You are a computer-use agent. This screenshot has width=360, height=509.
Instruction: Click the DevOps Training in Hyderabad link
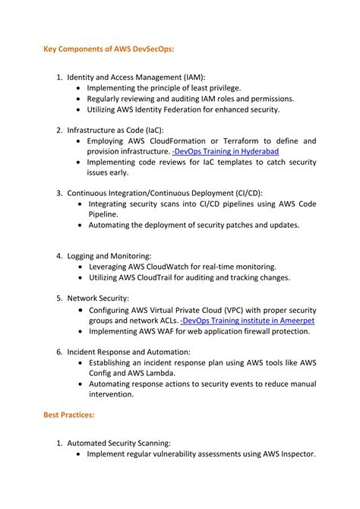coord(225,152)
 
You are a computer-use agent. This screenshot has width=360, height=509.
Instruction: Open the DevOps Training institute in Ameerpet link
coord(248,321)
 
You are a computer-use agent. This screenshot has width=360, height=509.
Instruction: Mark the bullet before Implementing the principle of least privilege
coord(80,88)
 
